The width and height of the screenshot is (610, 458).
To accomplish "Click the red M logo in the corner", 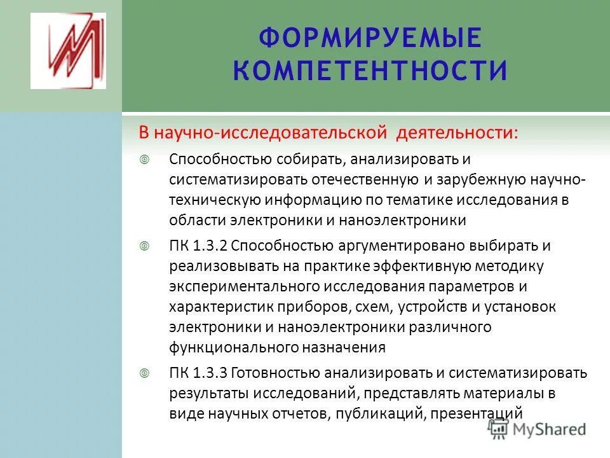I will coord(68,51).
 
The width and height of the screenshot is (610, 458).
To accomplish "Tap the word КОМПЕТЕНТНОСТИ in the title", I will coord(370,70).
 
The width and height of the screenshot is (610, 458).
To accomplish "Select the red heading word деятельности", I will coord(457,134).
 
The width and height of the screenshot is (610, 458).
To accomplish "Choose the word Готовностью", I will coord(274,372).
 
